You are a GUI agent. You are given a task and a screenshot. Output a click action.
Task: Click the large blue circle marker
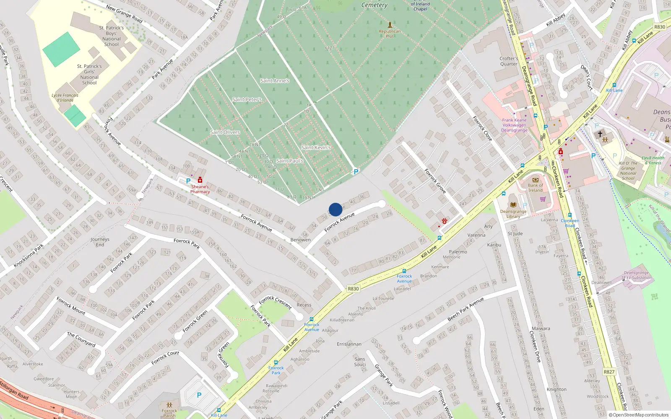click(335, 209)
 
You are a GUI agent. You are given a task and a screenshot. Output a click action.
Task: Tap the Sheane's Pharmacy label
click(200, 189)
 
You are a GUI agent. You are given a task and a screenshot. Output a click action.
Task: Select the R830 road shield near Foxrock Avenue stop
click(353, 289)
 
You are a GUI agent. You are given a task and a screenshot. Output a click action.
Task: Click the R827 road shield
click(609, 372)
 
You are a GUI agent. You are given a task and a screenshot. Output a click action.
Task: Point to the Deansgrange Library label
click(513, 214)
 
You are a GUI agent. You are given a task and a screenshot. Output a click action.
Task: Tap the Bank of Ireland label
click(535, 188)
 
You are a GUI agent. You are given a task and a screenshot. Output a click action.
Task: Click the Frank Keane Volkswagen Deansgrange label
click(515, 125)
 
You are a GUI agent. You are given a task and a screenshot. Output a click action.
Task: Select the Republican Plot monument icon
click(390, 25)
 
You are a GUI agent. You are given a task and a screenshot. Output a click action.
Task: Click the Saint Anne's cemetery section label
click(275, 81)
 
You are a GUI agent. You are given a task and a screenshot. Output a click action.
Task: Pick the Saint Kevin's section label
click(316, 147)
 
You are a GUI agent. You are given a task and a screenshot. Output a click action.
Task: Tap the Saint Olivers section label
click(225, 132)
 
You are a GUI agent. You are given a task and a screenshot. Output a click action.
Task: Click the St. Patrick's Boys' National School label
click(112, 36)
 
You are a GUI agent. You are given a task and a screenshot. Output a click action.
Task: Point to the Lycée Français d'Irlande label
click(65, 98)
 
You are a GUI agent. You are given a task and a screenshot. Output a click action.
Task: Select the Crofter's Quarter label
click(509, 61)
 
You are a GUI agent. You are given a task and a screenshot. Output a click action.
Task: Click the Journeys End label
click(100, 242)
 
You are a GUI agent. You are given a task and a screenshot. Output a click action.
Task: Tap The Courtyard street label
click(81, 339)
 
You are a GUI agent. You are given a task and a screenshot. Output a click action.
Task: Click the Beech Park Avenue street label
click(466, 309)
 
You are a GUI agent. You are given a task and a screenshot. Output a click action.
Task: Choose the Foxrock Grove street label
click(435, 181)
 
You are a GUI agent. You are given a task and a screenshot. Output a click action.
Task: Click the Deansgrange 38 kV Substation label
click(636, 275)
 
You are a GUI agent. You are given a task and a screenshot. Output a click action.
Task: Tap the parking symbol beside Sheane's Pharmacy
click(188, 181)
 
